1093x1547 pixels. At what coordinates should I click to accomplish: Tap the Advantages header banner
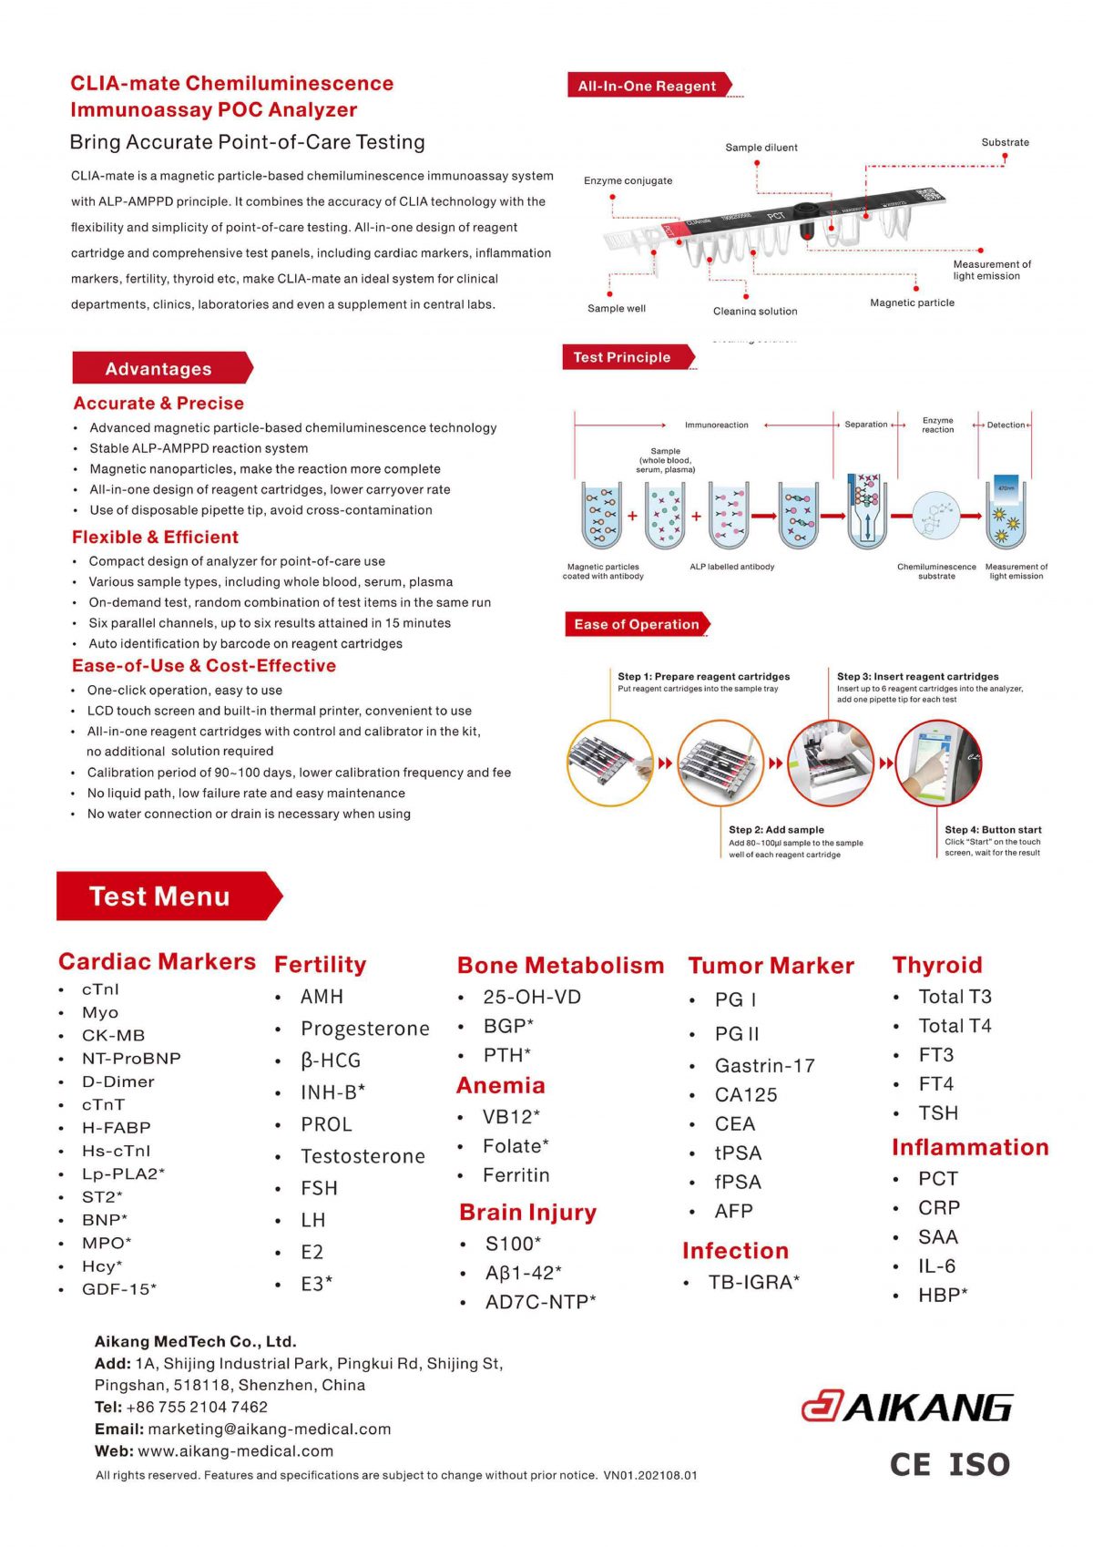pos(158,368)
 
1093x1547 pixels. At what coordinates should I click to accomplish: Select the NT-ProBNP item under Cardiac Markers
pos(131,1059)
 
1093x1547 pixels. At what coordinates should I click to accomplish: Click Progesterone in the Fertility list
pos(364,1029)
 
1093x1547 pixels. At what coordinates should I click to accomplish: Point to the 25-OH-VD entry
pos(531,997)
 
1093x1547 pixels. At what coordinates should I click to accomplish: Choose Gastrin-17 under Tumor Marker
pos(764,1065)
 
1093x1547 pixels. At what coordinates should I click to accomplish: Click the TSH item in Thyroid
pos(937,1113)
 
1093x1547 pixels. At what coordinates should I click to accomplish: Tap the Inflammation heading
pos(969,1147)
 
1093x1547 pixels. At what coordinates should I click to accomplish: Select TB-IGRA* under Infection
pos(753,1282)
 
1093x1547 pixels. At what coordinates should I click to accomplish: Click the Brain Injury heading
pos(527,1213)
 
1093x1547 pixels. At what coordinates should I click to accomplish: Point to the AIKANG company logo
pos(906,1408)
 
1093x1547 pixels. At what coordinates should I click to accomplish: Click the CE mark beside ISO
pos(910,1464)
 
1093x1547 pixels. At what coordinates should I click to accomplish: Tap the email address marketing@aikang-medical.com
pos(269,1429)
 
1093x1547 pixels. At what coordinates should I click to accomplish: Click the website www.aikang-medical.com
pos(235,1450)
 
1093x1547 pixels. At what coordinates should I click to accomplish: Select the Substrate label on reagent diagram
pos(1005,142)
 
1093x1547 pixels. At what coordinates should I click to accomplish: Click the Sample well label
pos(616,308)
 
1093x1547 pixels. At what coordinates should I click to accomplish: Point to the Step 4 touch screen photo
pos(939,763)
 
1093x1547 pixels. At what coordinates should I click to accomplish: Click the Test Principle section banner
pos(622,357)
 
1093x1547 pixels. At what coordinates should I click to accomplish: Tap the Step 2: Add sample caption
pos(776,830)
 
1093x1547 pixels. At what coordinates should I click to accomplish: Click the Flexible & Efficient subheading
pos(155,538)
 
